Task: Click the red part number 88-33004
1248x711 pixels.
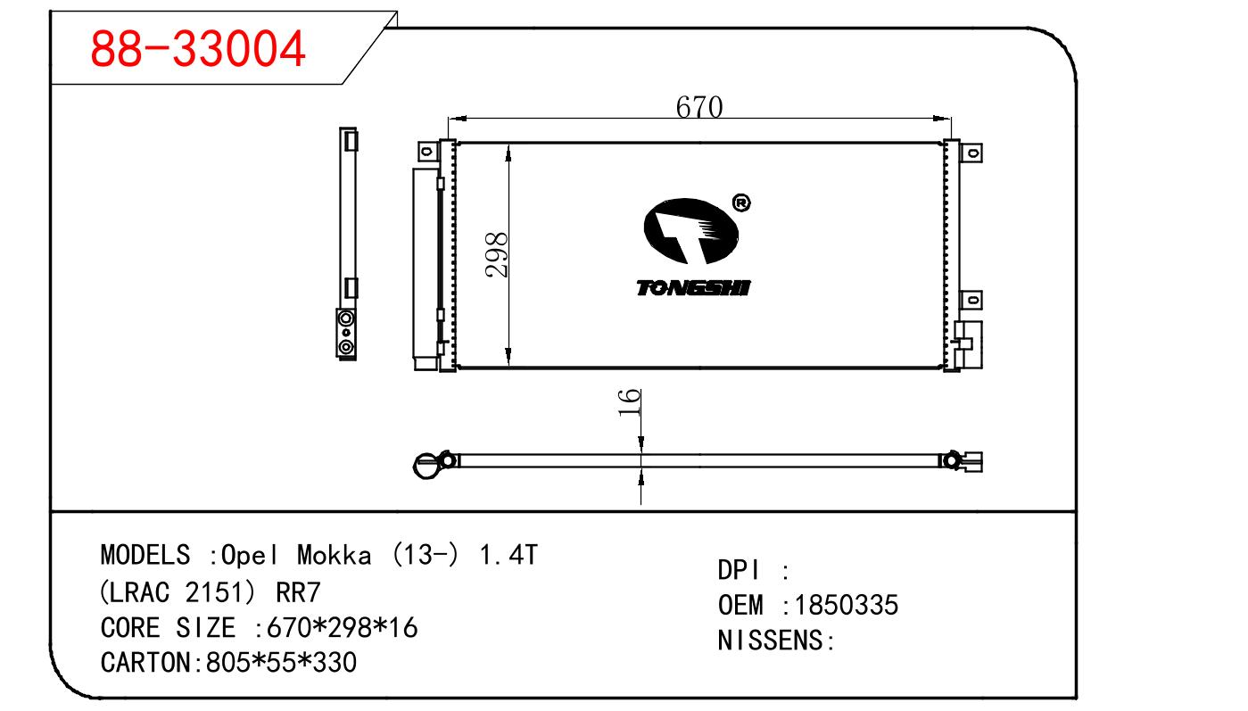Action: [x=197, y=49]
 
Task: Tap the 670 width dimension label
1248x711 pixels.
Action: [x=699, y=107]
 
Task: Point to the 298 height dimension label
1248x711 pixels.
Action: [x=496, y=254]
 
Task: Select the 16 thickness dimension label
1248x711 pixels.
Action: [x=630, y=403]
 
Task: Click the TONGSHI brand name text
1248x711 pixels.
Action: [x=694, y=288]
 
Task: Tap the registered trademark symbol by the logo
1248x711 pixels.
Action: [x=741, y=203]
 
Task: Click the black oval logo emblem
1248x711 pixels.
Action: [x=690, y=231]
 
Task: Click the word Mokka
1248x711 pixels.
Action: [x=335, y=556]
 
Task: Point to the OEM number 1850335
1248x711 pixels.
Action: [x=847, y=605]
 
